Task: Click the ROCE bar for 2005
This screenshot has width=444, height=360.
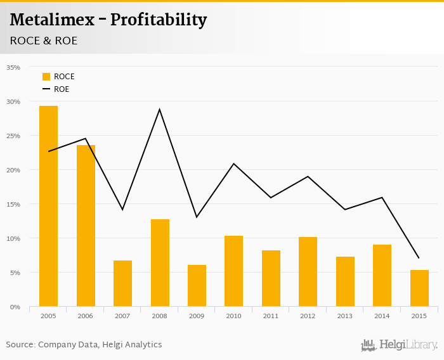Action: click(x=48, y=206)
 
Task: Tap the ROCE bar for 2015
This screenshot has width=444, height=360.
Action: click(x=419, y=288)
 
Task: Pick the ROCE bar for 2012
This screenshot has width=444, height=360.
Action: click(x=308, y=272)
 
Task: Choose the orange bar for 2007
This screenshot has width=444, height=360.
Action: click(x=122, y=283)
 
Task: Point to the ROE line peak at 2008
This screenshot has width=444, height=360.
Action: click(x=160, y=109)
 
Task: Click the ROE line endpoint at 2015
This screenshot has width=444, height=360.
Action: click(x=419, y=258)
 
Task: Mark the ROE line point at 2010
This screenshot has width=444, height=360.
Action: click(x=234, y=164)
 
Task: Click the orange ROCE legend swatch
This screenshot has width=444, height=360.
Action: click(x=46, y=77)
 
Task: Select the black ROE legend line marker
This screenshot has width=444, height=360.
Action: click(x=46, y=89)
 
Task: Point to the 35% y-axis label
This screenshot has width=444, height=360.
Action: click(x=13, y=67)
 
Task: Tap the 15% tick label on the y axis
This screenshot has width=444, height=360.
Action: click(x=13, y=204)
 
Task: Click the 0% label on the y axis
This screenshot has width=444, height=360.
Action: click(x=15, y=307)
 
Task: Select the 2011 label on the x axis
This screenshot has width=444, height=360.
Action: click(x=271, y=315)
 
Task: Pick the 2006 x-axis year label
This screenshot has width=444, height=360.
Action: click(x=86, y=315)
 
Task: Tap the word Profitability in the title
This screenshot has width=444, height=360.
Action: click(x=159, y=20)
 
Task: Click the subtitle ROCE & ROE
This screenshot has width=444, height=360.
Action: click(x=43, y=41)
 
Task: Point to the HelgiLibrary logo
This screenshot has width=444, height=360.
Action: click(x=399, y=345)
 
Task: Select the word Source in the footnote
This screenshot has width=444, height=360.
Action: click(x=20, y=345)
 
